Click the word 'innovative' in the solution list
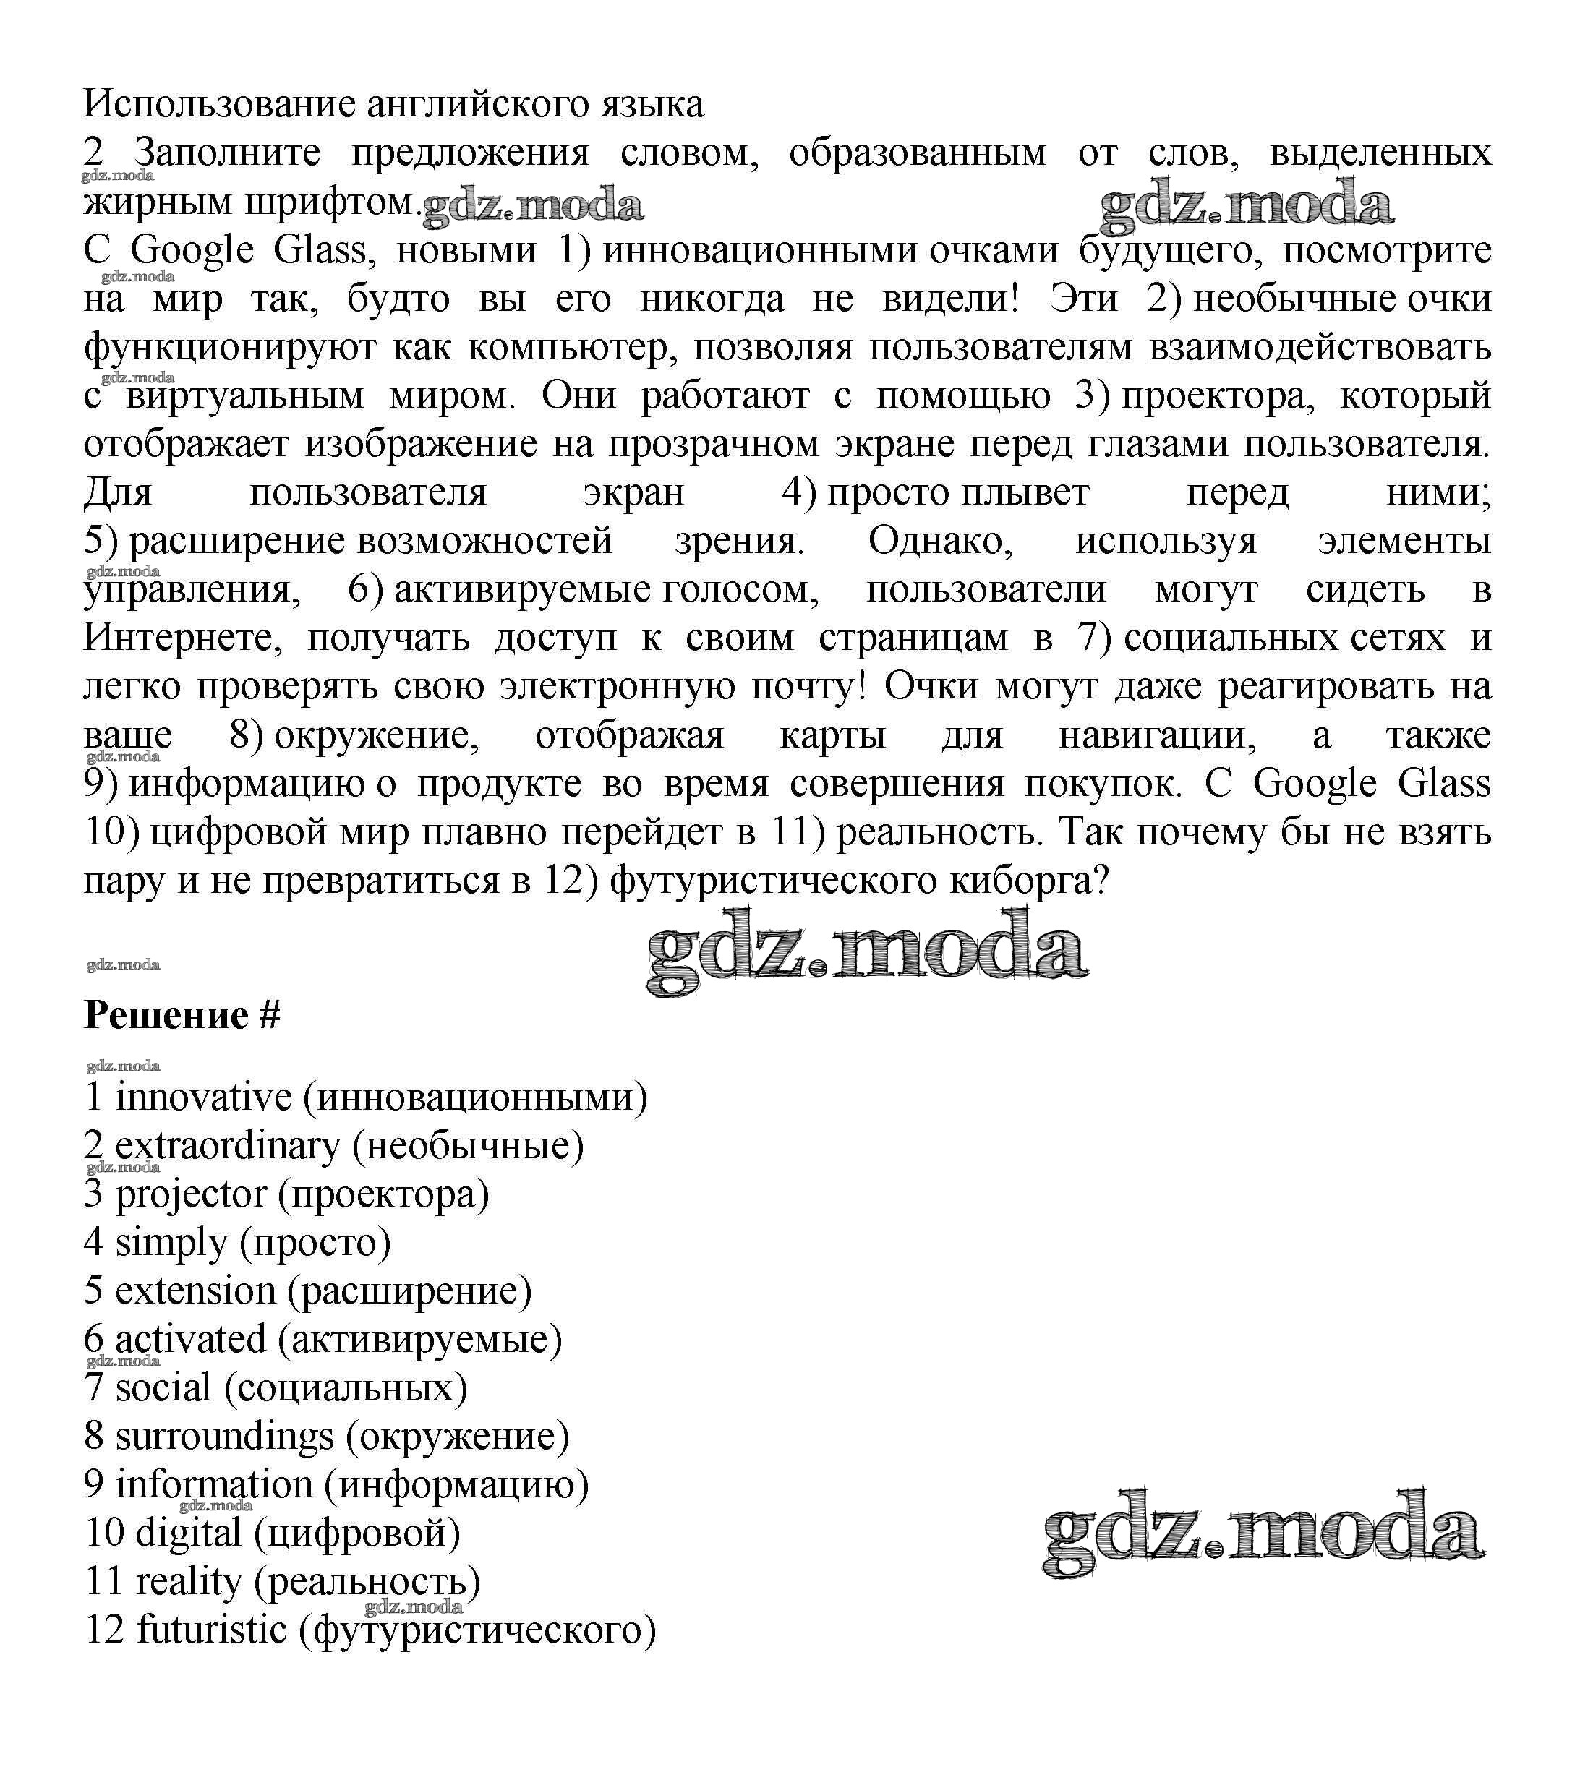click(203, 1097)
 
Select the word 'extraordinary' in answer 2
click(227, 1146)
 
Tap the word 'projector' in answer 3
click(191, 1194)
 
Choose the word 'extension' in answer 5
click(195, 1291)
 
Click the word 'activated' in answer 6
click(190, 1340)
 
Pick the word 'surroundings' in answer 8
click(224, 1437)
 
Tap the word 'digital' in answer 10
click(188, 1533)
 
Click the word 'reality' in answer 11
click(188, 1581)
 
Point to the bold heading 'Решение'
click(166, 1015)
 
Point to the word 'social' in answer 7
click(163, 1388)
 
